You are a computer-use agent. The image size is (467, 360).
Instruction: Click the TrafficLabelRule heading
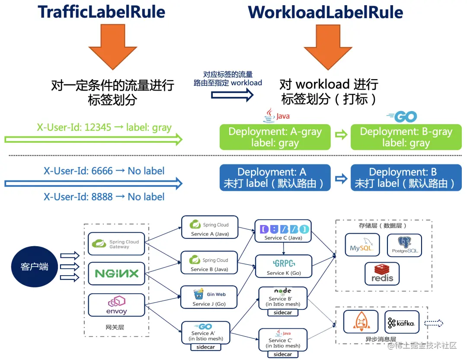point(101,12)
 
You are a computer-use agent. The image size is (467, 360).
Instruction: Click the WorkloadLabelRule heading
point(325,12)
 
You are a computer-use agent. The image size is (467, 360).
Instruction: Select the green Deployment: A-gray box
point(275,137)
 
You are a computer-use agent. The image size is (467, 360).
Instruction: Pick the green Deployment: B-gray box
point(406,137)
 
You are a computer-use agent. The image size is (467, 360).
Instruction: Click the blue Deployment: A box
point(275,177)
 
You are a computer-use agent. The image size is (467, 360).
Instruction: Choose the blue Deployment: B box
point(406,177)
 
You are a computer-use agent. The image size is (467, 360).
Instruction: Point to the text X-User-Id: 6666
point(104,171)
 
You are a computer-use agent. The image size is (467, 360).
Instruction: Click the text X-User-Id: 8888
point(104,197)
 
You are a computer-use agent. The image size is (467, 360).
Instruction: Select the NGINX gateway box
point(116,273)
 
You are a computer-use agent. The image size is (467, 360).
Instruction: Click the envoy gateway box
point(116,305)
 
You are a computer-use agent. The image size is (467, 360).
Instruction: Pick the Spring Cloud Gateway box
point(116,244)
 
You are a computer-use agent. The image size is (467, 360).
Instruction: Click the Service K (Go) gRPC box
point(283,267)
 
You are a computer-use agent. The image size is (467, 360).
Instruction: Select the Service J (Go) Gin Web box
point(209,298)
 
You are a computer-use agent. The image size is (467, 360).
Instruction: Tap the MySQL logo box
point(362,245)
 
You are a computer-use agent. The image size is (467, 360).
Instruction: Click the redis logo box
point(382,274)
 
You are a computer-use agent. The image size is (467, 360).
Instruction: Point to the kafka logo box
point(402,322)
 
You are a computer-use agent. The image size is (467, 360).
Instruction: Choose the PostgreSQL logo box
point(404,245)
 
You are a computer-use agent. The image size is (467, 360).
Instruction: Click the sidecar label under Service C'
point(282,354)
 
